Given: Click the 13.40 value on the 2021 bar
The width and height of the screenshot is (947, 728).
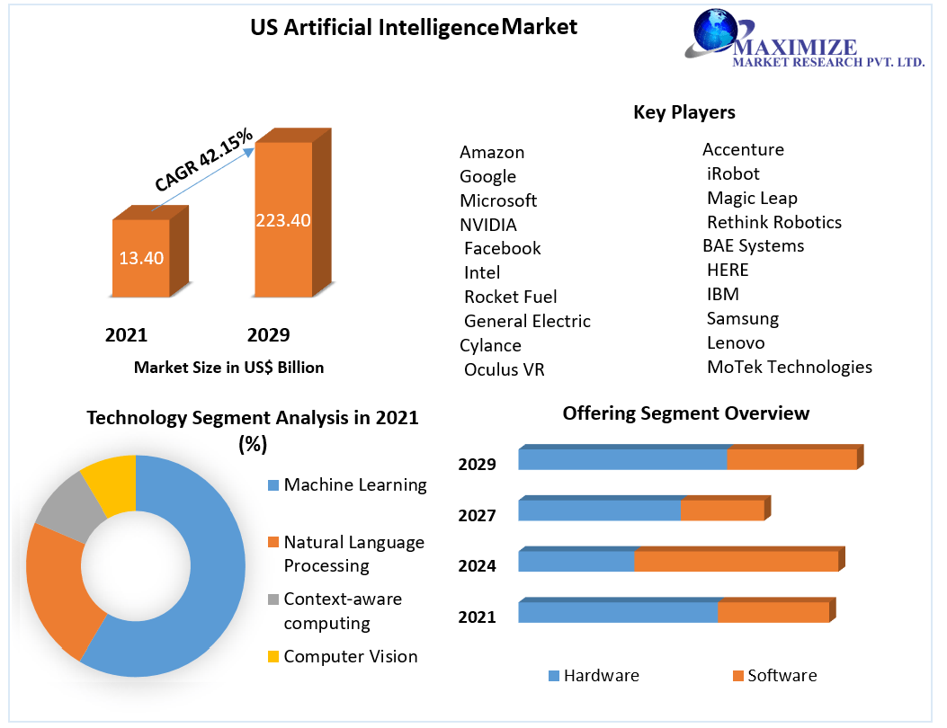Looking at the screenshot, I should coord(141,258).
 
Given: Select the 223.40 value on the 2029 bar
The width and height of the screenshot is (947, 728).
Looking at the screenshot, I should coord(283,220).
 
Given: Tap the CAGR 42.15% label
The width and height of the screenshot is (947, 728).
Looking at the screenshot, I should coord(204,158).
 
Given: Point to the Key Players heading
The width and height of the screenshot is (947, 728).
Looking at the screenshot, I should coord(684,111).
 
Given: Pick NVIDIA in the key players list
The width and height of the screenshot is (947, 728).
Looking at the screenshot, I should coord(488,224).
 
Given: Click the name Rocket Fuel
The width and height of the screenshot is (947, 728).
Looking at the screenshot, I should coord(510,297).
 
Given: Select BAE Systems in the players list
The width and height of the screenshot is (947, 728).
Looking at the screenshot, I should coord(753,245).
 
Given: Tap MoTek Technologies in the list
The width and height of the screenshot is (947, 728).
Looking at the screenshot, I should coord(789,367).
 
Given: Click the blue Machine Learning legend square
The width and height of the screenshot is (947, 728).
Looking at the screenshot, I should coord(272,485).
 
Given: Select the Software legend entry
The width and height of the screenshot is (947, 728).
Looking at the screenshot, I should coord(774,676).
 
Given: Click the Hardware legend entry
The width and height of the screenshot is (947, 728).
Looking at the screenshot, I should coord(593,676).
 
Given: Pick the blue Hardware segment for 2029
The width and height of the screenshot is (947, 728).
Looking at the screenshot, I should coord(622,459).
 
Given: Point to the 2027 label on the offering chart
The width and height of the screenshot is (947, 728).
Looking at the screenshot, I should coord(477,515).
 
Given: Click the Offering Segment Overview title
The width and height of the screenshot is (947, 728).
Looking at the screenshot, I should coord(685,413).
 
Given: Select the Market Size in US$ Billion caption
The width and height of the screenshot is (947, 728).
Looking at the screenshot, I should coord(228,367).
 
